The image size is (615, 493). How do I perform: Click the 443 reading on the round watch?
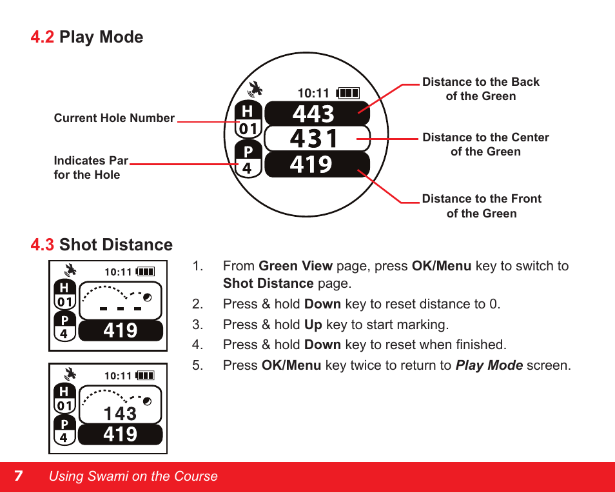pyautogui.click(x=313, y=114)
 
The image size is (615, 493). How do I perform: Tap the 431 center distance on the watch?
pyautogui.click(x=313, y=139)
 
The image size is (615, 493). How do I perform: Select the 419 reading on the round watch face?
pyautogui.click(x=311, y=165)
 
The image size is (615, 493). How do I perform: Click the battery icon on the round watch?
pyautogui.click(x=348, y=93)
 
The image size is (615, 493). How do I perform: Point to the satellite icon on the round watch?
pyautogui.click(x=256, y=89)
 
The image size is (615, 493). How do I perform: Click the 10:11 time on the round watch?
pyautogui.click(x=313, y=94)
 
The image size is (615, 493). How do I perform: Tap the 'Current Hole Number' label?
pyautogui.click(x=114, y=118)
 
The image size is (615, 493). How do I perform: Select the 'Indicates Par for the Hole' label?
pyautogui.click(x=90, y=168)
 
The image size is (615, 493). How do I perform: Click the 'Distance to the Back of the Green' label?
pyautogui.click(x=480, y=89)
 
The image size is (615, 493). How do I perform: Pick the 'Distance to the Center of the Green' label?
pyautogui.click(x=485, y=145)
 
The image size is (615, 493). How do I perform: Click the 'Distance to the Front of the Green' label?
pyautogui.click(x=482, y=206)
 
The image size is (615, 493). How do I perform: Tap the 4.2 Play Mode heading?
pyautogui.click(x=87, y=37)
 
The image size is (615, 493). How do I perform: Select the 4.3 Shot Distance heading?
pyautogui.click(x=102, y=245)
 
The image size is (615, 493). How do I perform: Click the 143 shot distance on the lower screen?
pyautogui.click(x=120, y=413)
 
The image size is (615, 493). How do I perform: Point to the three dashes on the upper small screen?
pyautogui.click(x=120, y=309)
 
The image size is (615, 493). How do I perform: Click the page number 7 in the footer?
pyautogui.click(x=19, y=476)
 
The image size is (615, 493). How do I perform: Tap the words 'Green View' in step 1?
pyautogui.click(x=295, y=266)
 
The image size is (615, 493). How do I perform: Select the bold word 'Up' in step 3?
pyautogui.click(x=313, y=325)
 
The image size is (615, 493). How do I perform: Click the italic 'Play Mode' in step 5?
pyautogui.click(x=489, y=365)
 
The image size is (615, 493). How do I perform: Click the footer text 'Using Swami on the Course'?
pyautogui.click(x=133, y=476)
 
